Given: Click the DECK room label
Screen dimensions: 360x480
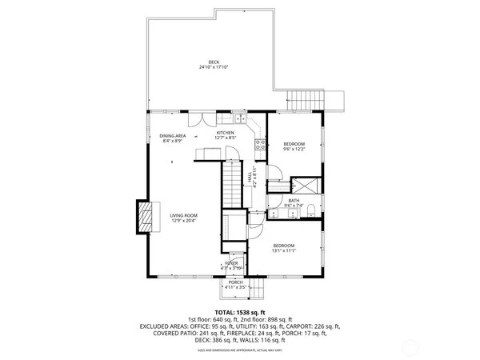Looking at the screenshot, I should coord(214,62).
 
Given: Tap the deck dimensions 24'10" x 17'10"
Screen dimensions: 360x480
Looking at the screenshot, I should coord(214,67).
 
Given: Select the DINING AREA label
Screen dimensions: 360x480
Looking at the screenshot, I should coord(172,136).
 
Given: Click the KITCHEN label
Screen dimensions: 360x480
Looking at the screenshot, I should coord(226,133).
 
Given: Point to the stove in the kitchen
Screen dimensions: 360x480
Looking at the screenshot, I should coord(260,145).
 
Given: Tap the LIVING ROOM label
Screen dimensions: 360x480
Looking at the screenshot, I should coord(183,215).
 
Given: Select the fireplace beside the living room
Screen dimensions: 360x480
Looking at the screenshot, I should coord(145,216).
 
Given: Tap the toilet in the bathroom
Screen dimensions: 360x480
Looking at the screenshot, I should coord(310,213).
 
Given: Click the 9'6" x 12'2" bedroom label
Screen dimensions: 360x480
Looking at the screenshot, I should coord(294,145).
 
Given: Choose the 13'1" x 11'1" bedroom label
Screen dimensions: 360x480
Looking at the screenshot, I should coord(284,247).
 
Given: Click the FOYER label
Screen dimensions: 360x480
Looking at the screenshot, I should coord(231,262).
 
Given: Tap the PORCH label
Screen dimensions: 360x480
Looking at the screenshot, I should coord(235,282).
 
